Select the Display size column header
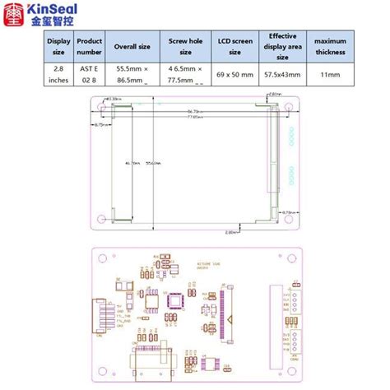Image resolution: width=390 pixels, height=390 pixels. pos(59,46)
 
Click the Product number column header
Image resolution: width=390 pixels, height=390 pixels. pos(89,46)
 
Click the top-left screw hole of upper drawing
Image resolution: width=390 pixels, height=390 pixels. pos(102,108)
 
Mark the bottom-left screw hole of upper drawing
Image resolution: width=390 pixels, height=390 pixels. pos(102,220)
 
